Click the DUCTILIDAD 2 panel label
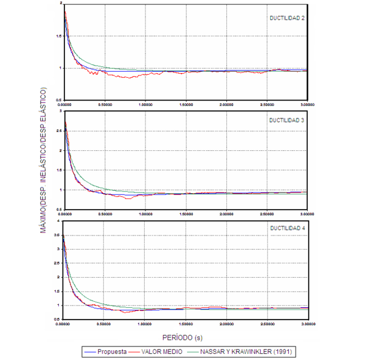[x=288, y=18]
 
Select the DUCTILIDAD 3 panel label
[x=288, y=120]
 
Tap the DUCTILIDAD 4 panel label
[x=288, y=228]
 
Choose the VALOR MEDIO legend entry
[x=160, y=351]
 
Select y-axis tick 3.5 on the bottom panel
[x=58, y=235]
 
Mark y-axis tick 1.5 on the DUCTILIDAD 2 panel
[x=58, y=36]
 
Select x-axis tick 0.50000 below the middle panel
[x=105, y=214]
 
